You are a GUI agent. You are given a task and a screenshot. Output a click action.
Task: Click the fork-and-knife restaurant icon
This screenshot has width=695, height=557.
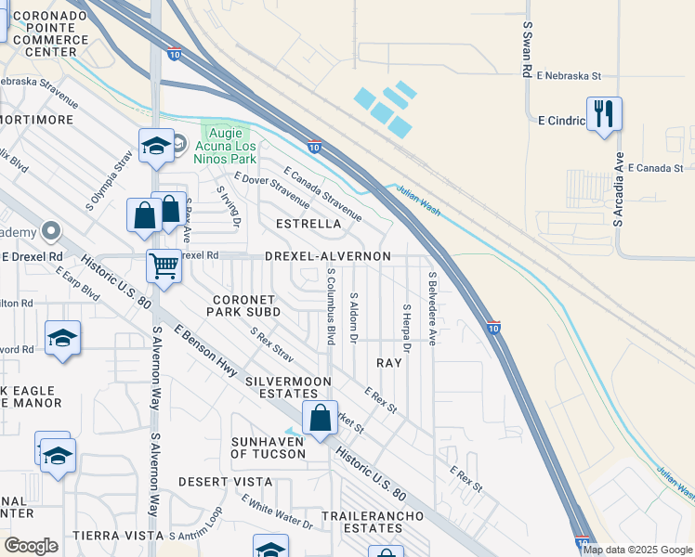[x=604, y=114]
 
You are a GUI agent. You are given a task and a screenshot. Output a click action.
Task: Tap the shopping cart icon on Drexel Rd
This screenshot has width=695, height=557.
[x=164, y=266]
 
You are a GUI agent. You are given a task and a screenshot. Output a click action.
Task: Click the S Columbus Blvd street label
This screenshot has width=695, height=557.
[x=331, y=306]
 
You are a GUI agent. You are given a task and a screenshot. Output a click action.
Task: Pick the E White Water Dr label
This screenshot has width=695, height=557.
[x=278, y=512]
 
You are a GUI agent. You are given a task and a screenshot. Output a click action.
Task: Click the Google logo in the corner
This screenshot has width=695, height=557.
[x=31, y=546]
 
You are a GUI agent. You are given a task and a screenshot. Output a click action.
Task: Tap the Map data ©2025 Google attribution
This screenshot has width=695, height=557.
[x=637, y=550]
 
